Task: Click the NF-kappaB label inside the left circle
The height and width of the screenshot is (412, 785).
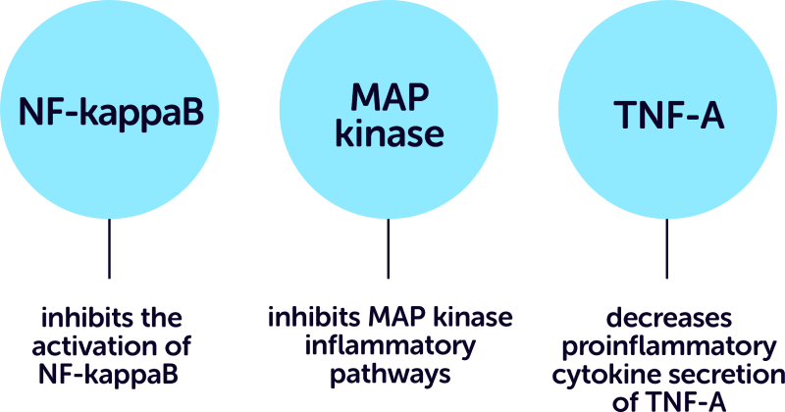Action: point(112,114)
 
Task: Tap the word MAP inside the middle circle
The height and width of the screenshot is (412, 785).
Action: point(389,96)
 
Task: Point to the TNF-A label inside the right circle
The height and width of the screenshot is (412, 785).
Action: point(668,116)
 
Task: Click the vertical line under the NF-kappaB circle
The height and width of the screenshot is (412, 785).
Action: point(109,250)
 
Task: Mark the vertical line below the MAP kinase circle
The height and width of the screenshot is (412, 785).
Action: point(389,250)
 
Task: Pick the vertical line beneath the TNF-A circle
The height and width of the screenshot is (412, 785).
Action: point(668,250)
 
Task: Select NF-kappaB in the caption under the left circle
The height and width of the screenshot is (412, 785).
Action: point(112,374)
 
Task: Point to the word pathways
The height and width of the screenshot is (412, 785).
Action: point(390,374)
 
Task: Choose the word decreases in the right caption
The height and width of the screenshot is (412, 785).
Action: point(667,320)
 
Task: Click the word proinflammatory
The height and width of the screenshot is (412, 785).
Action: point(667,346)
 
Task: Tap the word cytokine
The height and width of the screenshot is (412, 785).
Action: point(599,374)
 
